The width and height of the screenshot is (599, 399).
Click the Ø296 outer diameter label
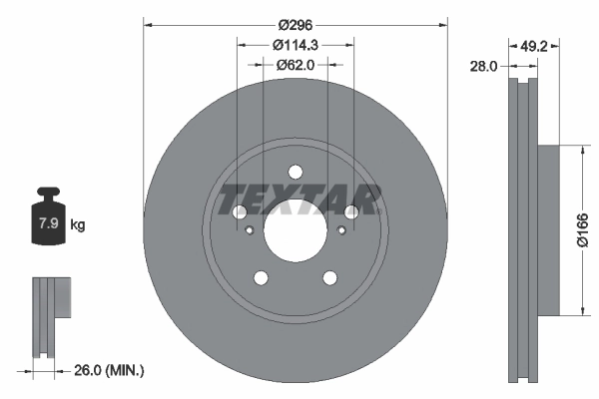[x=296, y=23]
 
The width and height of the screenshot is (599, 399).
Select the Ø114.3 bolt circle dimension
[x=296, y=45]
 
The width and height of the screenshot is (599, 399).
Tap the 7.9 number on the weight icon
[x=48, y=224]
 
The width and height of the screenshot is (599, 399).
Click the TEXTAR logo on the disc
[x=296, y=199]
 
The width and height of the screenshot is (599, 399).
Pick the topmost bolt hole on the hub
[x=296, y=171]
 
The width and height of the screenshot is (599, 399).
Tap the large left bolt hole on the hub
[x=240, y=212]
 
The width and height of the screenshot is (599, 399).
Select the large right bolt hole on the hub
[x=351, y=212]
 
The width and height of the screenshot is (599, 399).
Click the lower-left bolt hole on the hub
[x=261, y=277]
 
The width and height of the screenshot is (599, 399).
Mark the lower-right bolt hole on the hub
[x=329, y=277]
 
